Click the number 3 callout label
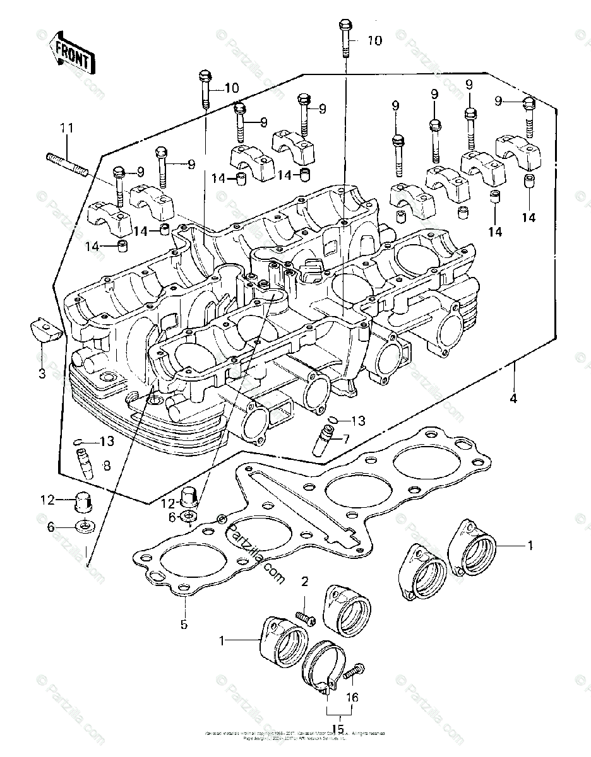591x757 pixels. click(x=42, y=373)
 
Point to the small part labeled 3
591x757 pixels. click(x=46, y=330)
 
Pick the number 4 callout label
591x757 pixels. click(x=513, y=399)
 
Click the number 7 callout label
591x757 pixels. click(x=345, y=438)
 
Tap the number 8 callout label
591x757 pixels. click(x=106, y=466)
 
